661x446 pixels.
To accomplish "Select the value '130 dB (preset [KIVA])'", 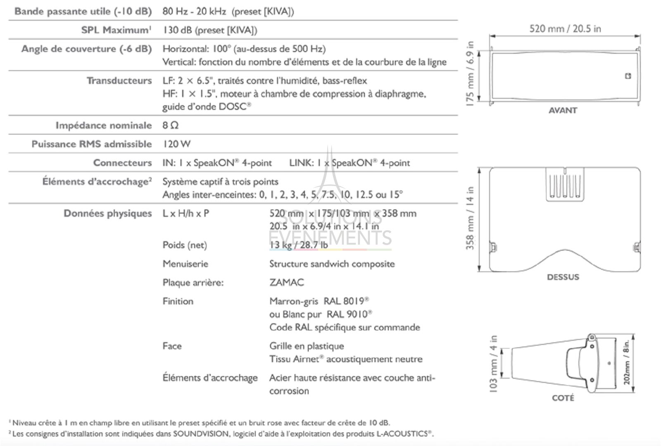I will click(210, 30).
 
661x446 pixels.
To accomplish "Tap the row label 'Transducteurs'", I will click(119, 81).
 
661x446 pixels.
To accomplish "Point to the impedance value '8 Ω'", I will click(170, 125).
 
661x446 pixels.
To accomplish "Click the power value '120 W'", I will click(176, 144).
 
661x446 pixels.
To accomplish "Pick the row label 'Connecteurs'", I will click(122, 163).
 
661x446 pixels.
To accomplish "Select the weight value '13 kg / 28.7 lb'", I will click(298, 245).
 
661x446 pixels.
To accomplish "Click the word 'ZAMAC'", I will click(286, 282).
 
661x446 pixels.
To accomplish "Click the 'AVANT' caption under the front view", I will click(563, 110).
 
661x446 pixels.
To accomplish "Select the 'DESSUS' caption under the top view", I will click(563, 277).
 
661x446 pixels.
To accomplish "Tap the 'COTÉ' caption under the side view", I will click(563, 398).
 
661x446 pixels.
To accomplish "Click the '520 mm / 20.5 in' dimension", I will click(565, 28).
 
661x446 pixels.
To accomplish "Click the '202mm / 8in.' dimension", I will click(627, 363).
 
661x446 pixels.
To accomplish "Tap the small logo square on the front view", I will click(628, 76).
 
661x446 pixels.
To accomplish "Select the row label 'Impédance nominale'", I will click(104, 125).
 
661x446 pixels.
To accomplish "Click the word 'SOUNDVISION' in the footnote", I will click(201, 434).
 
